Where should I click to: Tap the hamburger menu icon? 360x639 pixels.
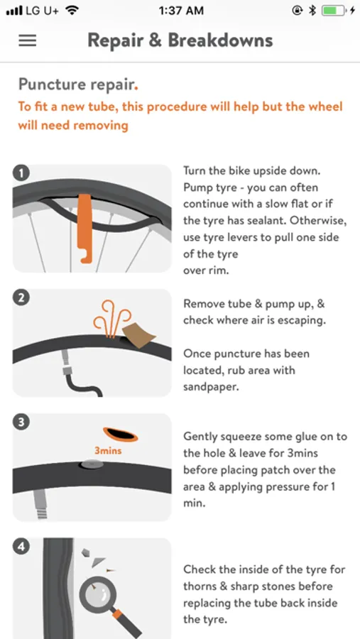(27, 40)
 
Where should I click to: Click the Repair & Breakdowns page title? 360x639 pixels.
(180, 40)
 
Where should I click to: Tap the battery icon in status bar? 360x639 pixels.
(333, 11)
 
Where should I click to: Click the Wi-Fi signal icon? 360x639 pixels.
(72, 11)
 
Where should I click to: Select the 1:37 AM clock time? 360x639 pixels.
(181, 11)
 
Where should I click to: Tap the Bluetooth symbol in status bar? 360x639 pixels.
(312, 11)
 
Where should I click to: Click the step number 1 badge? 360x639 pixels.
(21, 173)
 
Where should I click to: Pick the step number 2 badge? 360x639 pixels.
(21, 298)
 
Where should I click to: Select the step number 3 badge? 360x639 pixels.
(21, 422)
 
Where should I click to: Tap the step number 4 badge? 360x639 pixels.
(21, 547)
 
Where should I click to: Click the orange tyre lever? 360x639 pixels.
(84, 228)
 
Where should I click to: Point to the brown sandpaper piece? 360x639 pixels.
(138, 335)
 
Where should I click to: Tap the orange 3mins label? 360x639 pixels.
(108, 451)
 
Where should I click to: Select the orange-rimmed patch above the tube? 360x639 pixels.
(120, 435)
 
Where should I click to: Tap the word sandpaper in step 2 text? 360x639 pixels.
(210, 387)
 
